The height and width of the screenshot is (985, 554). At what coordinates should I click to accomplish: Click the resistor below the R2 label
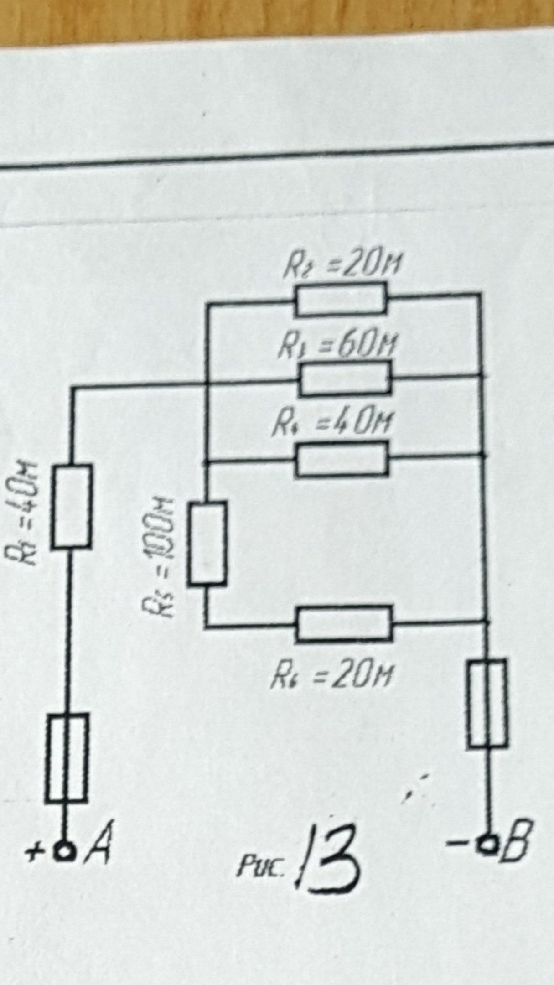pyautogui.click(x=341, y=300)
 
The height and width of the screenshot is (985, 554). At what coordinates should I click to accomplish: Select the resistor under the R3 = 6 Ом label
pyautogui.click(x=345, y=378)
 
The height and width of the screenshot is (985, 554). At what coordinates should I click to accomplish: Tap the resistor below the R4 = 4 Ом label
pyautogui.click(x=342, y=459)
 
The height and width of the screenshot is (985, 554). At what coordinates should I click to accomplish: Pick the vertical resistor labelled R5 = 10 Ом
pyautogui.click(x=207, y=543)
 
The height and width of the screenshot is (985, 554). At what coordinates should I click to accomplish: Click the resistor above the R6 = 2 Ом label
pyautogui.click(x=344, y=623)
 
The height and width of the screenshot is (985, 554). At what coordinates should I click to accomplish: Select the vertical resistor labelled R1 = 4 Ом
pyautogui.click(x=71, y=506)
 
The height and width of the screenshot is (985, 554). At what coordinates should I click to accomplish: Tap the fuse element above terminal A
pyautogui.click(x=67, y=758)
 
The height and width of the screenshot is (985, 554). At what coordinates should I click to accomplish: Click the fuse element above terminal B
pyautogui.click(x=487, y=703)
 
